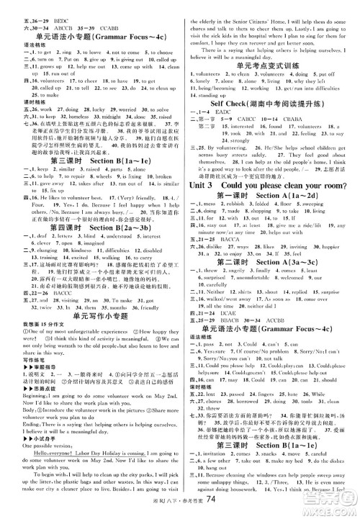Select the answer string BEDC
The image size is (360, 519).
tap(57, 4)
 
